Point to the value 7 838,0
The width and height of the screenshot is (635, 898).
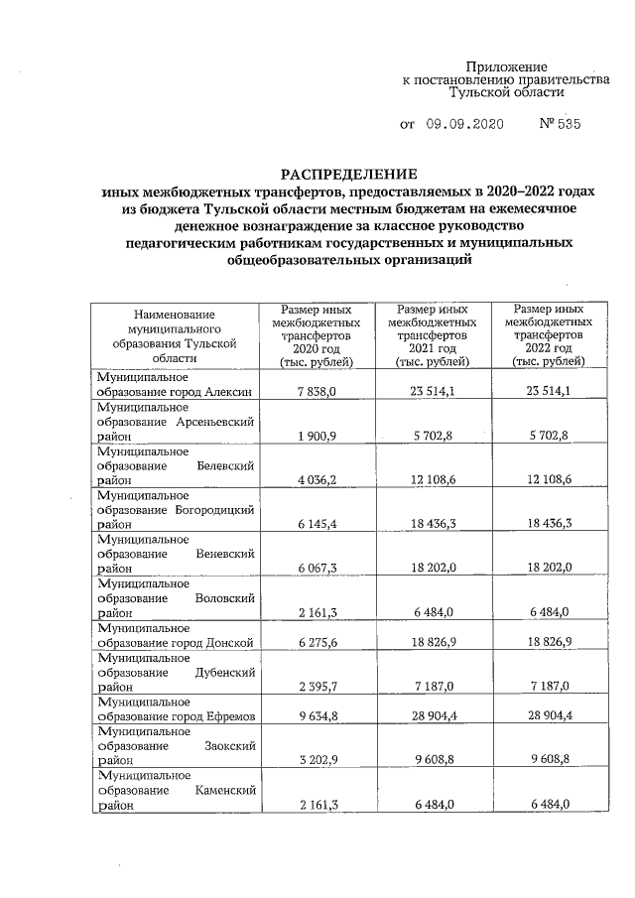[x=317, y=392]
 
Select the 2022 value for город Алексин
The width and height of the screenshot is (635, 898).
[x=549, y=392]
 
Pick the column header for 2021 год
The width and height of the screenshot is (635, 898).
[x=433, y=335]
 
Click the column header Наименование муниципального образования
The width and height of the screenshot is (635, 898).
[x=176, y=336]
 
